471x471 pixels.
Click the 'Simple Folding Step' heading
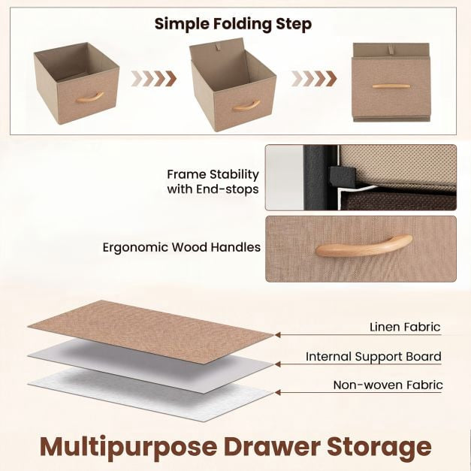tap(233, 24)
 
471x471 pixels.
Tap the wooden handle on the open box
tap(89, 98)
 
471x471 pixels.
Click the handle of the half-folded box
tap(246, 106)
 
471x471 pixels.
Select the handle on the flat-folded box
tap(391, 86)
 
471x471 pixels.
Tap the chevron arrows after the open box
tap(154, 79)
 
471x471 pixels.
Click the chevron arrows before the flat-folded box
tap(314, 79)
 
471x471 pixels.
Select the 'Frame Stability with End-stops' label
tap(213, 182)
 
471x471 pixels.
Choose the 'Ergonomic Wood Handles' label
tap(182, 247)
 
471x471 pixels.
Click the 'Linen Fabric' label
tap(405, 327)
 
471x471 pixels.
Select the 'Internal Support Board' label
tap(373, 357)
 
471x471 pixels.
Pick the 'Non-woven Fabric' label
tap(388, 385)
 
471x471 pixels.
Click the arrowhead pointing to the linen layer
tap(278, 334)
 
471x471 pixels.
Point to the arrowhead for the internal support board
tap(278, 364)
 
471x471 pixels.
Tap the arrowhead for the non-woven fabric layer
tap(278, 392)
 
